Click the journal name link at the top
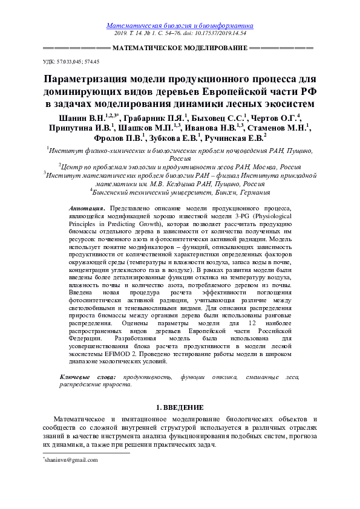[180, 26]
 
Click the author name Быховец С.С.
[220, 117]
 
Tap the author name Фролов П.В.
[119, 138]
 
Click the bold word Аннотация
[88, 207]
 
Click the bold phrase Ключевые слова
[88, 377]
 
